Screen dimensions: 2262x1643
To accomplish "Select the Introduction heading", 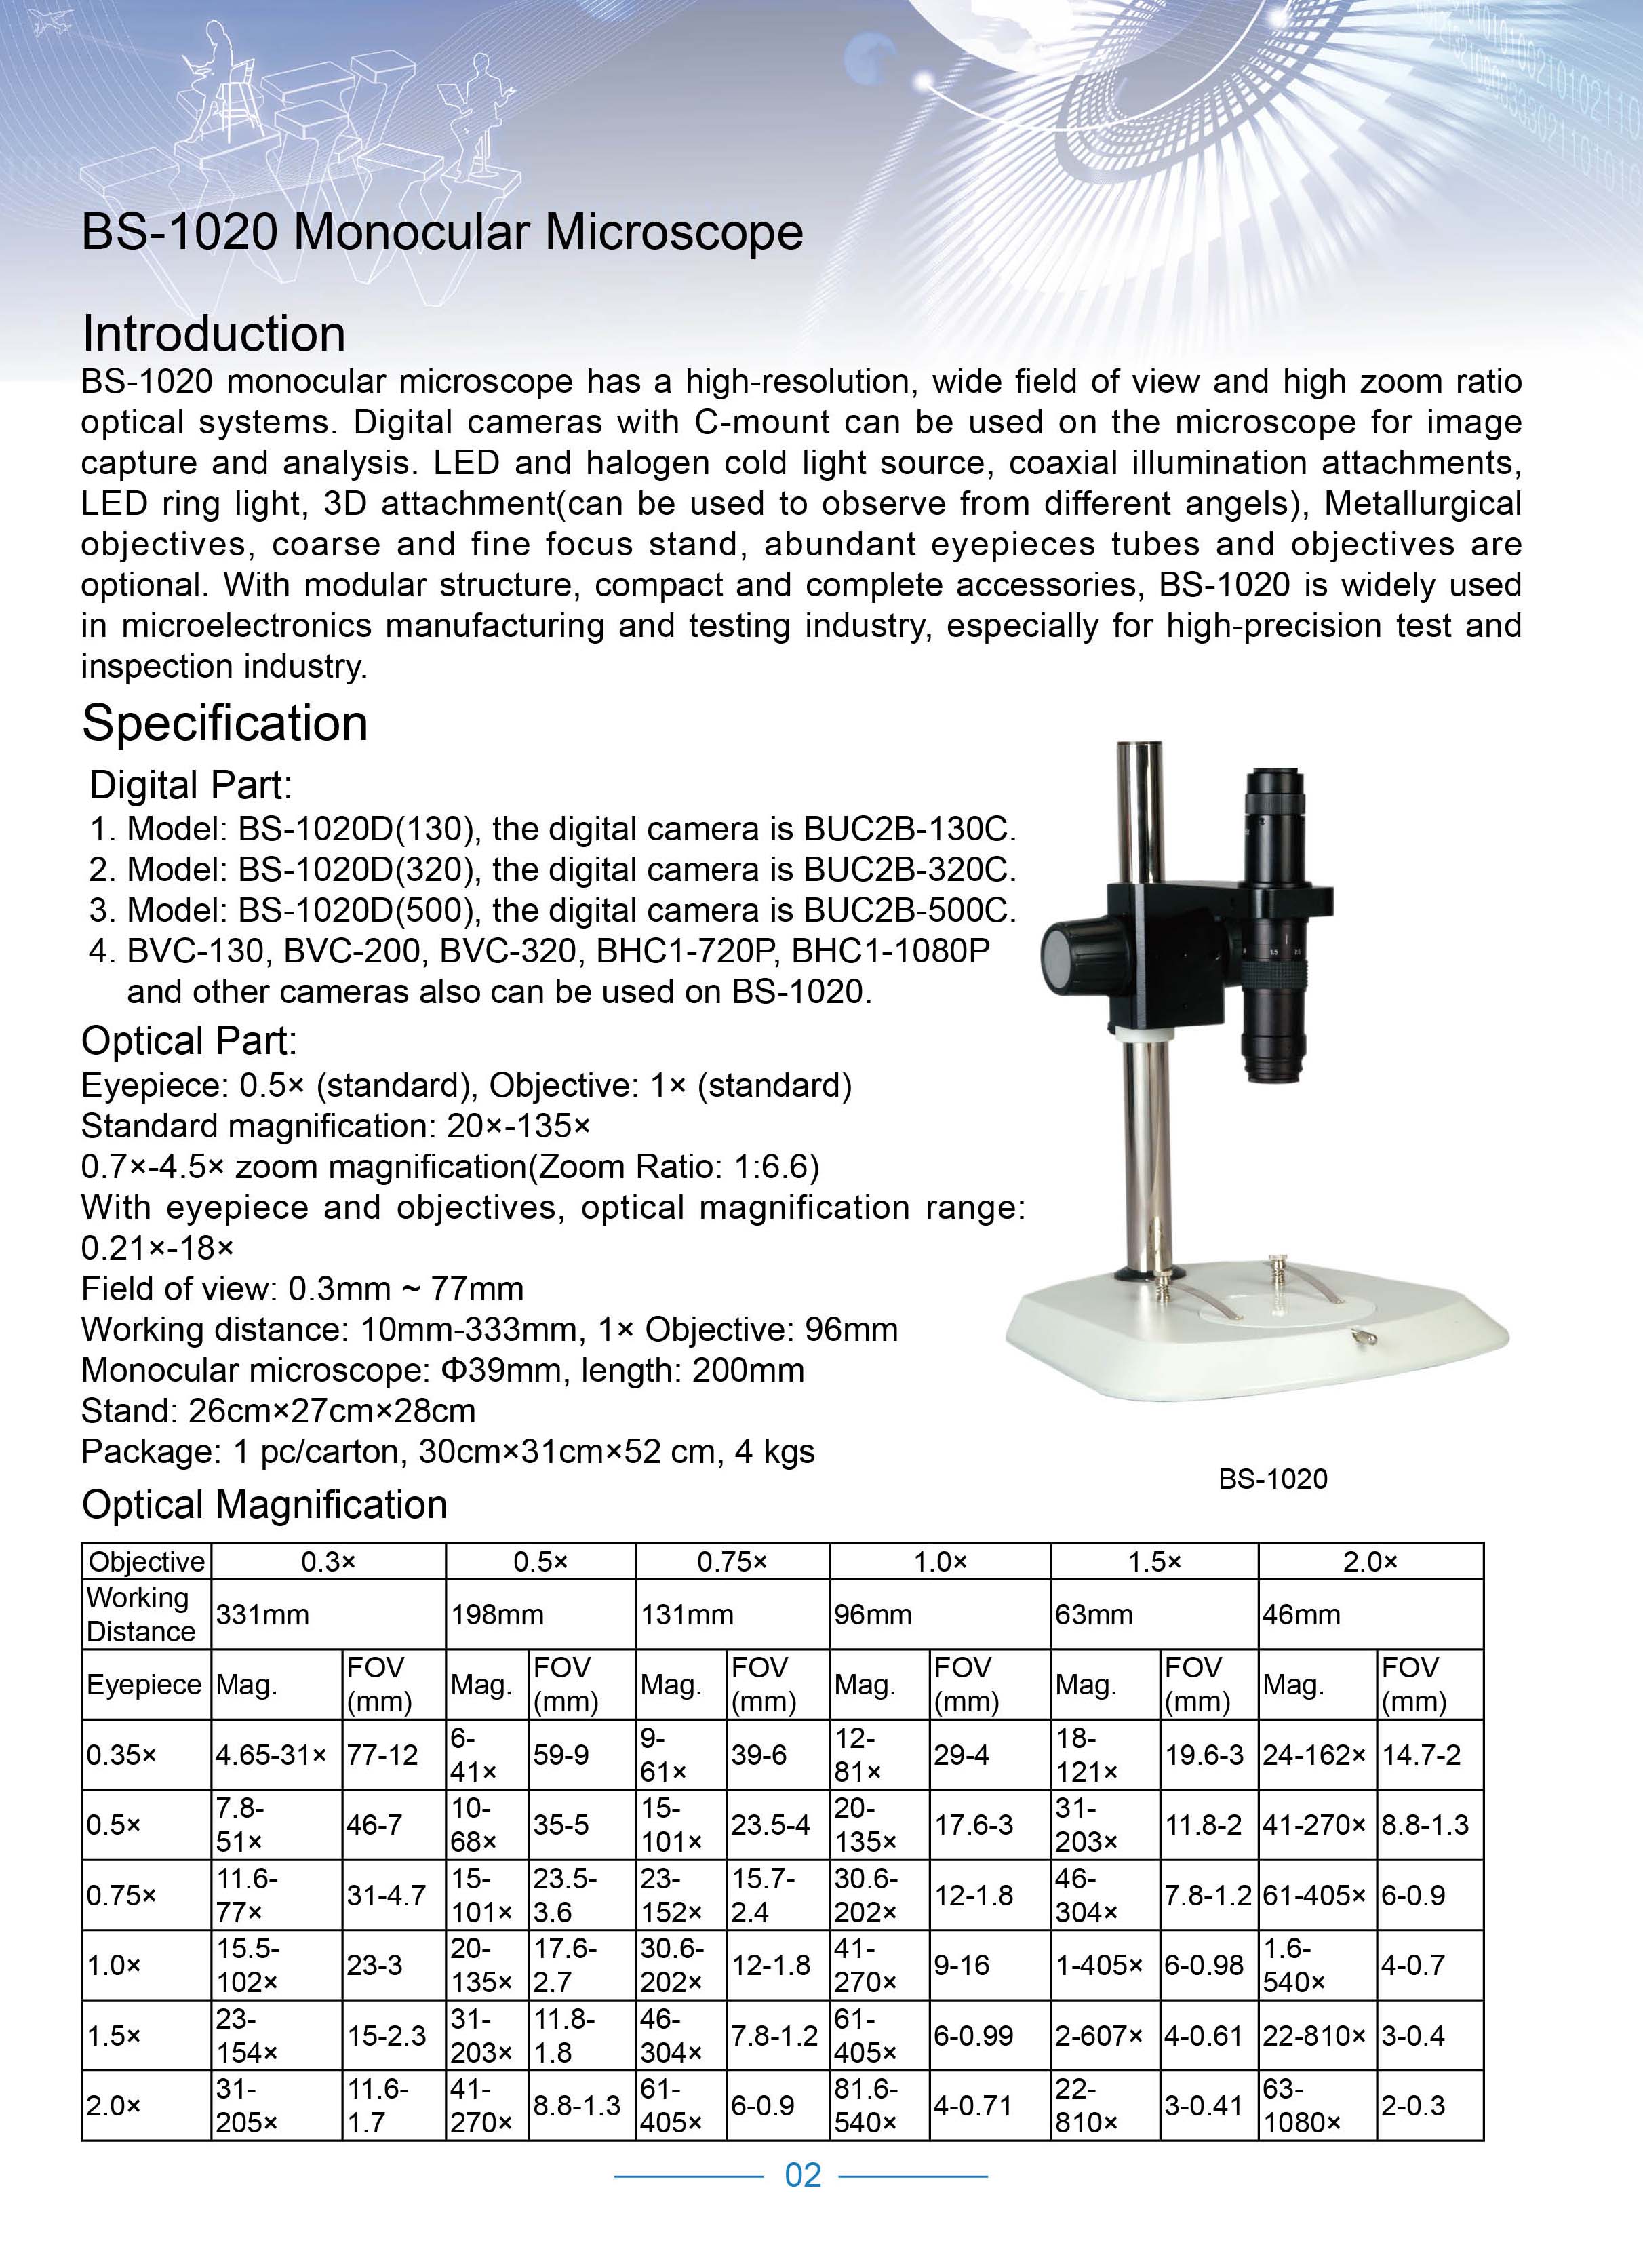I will tap(214, 333).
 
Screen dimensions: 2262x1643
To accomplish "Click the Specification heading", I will tap(224, 723).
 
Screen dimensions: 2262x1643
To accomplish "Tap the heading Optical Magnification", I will tap(264, 1505).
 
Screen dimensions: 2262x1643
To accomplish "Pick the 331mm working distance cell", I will tap(262, 1615).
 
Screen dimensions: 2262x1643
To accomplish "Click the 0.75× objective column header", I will tap(732, 1562).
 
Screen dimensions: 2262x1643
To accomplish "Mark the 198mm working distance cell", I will tap(496, 1615).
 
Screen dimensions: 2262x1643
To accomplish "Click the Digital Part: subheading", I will tap(191, 786).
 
